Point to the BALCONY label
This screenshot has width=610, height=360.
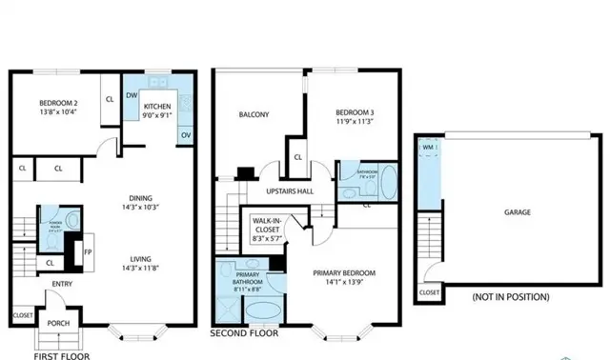(254, 116)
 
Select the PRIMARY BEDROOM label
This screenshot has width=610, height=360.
(344, 276)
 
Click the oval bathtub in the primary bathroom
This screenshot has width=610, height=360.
(262, 312)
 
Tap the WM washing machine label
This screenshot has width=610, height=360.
(429, 148)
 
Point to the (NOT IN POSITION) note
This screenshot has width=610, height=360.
(511, 298)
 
